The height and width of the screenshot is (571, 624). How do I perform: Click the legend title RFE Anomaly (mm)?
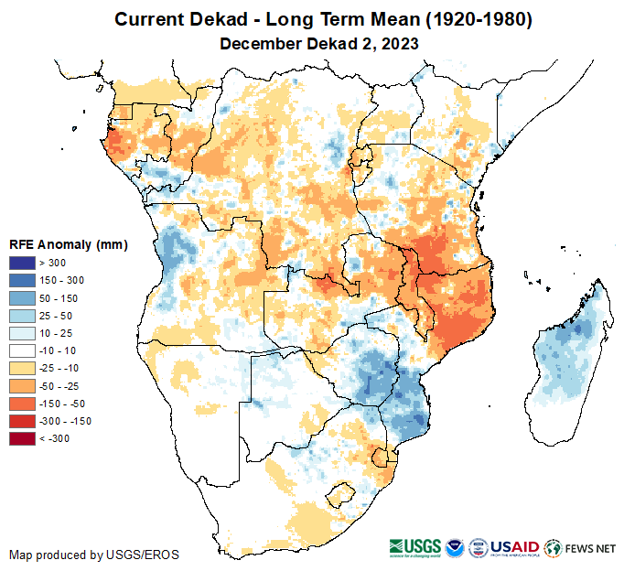pyautogui.click(x=68, y=245)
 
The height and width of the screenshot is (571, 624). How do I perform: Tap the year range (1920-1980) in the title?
pyautogui.click(x=470, y=19)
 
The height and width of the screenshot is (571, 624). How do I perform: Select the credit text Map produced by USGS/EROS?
pyautogui.click(x=94, y=555)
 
